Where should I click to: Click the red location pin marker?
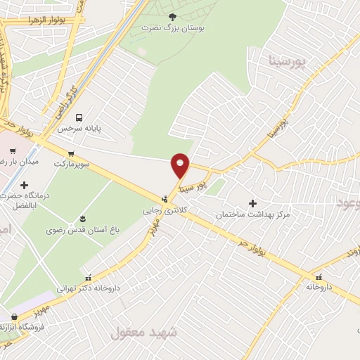pyautogui.click(x=181, y=165)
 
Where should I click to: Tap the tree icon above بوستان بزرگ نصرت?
pyautogui.click(x=173, y=15)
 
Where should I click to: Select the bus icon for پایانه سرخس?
pyautogui.click(x=78, y=117)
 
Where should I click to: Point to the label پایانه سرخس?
pyautogui.click(x=79, y=129)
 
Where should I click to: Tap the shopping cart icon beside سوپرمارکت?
pyautogui.click(x=71, y=153)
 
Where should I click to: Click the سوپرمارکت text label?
pyautogui.click(x=71, y=163)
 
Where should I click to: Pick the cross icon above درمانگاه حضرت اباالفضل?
pyautogui.click(x=24, y=185)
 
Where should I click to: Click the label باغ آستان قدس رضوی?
pyautogui.click(x=78, y=230)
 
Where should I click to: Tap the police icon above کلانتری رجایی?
pyautogui.click(x=165, y=199)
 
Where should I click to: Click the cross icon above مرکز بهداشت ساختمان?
pyautogui.click(x=253, y=202)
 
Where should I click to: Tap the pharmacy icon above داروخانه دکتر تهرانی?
pyautogui.click(x=88, y=276)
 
